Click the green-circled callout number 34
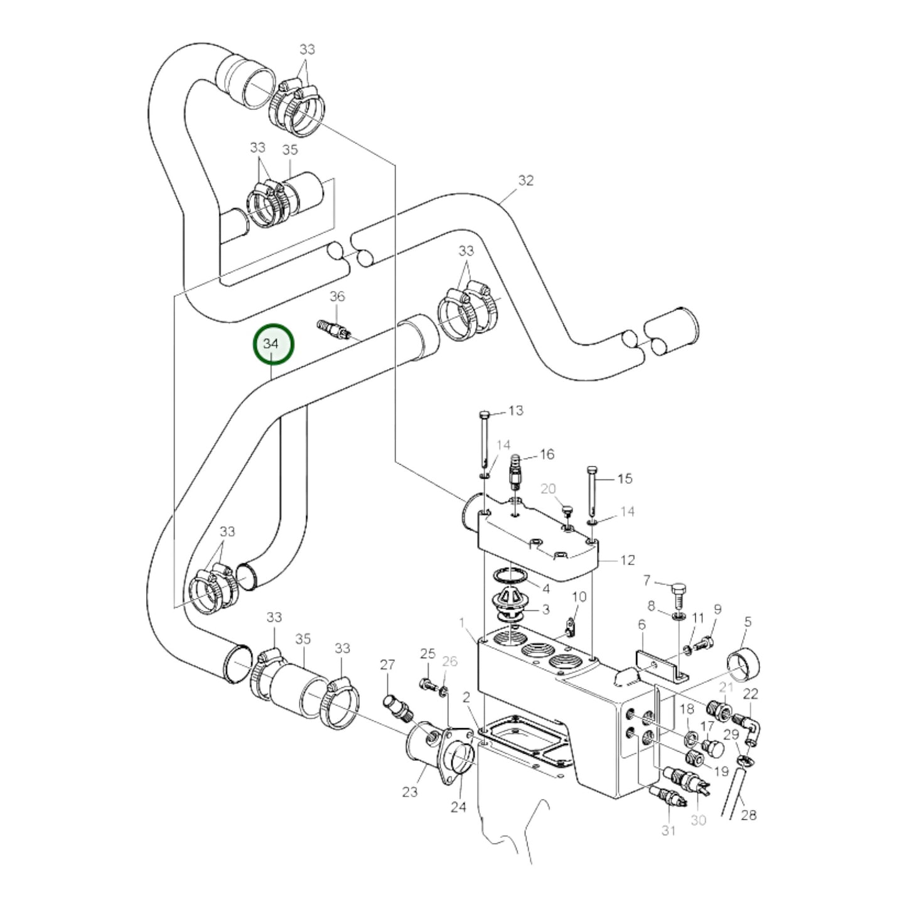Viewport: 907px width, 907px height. click(x=271, y=344)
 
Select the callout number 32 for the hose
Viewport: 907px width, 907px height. click(x=525, y=181)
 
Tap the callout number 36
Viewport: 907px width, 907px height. click(x=337, y=296)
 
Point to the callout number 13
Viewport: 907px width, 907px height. click(x=515, y=411)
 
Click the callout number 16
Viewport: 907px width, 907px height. click(x=547, y=454)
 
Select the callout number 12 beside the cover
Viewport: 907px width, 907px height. click(x=627, y=560)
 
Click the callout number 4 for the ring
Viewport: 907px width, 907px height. click(x=545, y=589)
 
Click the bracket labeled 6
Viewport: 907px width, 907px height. click(x=659, y=664)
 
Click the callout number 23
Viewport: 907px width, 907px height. click(x=410, y=792)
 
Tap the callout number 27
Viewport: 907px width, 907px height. click(x=387, y=665)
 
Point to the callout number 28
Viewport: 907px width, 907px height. click(x=748, y=815)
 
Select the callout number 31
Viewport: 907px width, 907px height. click(x=668, y=830)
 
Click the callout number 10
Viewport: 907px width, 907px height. click(x=579, y=596)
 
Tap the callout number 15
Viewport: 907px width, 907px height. click(x=625, y=479)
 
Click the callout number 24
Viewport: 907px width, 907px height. click(x=458, y=807)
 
